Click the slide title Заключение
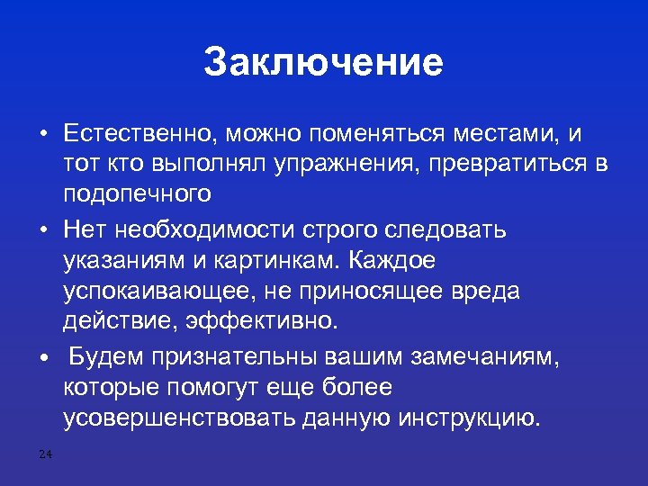coord(323,63)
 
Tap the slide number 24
coord(46,454)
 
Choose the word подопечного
coord(138,193)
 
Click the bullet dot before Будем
coord(42,358)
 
